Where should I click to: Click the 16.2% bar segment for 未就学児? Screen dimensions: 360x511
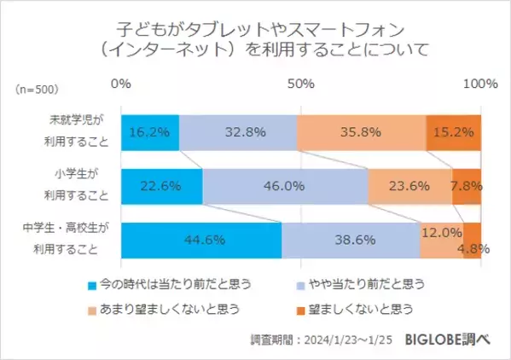tap(150, 132)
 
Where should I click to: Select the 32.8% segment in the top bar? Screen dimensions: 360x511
tap(238, 132)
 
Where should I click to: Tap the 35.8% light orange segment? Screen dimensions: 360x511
tap(361, 132)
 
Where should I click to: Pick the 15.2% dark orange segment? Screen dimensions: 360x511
tap(453, 132)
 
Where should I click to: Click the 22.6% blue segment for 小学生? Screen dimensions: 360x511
tap(161, 186)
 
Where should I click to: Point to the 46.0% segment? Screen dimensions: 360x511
tap(285, 186)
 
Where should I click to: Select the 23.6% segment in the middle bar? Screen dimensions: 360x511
tap(409, 186)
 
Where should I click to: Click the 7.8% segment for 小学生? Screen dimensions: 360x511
tap(467, 186)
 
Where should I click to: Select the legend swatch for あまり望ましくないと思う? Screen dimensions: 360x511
tap(93, 307)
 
